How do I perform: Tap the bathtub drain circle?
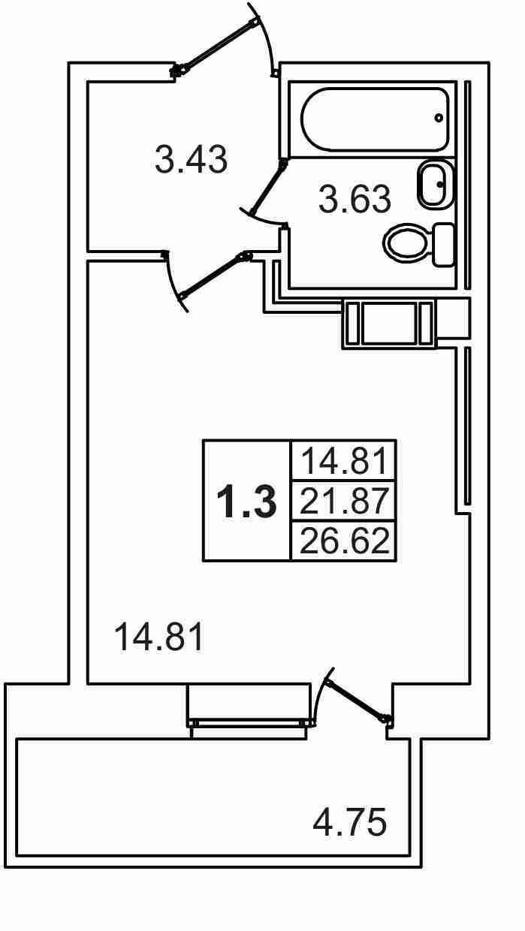tap(439, 118)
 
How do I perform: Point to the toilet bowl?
tap(406, 243)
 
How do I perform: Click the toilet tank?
tap(444, 244)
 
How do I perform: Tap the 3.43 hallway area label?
tap(191, 160)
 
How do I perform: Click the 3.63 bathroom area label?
tap(355, 200)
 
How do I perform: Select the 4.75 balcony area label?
tap(350, 822)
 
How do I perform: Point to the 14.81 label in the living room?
tap(158, 638)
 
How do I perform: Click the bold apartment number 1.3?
tap(246, 502)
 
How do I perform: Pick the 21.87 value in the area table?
tap(345, 501)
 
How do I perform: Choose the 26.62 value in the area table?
tap(345, 541)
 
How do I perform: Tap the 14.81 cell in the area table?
tap(345, 460)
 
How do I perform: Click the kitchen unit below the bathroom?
tap(388, 324)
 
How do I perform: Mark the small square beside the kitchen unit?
tap(452, 318)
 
